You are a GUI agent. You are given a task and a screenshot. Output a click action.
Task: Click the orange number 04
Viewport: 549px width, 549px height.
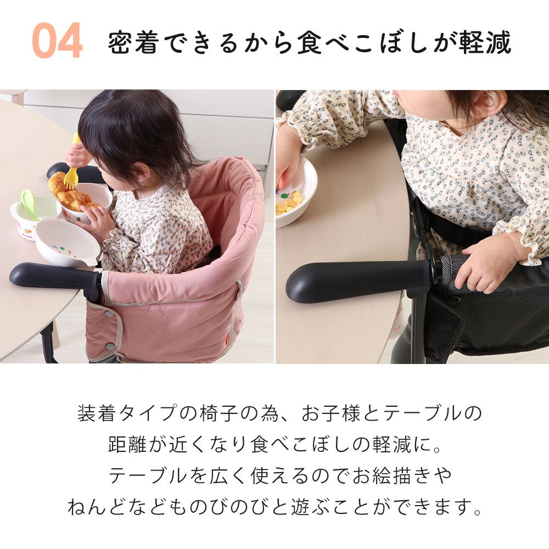(x=58, y=40)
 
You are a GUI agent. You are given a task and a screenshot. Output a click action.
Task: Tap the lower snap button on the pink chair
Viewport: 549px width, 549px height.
(x=110, y=346)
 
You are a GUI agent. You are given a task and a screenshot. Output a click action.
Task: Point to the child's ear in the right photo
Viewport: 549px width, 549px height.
(x=486, y=104)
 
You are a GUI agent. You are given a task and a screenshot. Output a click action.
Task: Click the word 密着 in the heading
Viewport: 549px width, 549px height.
(x=133, y=43)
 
